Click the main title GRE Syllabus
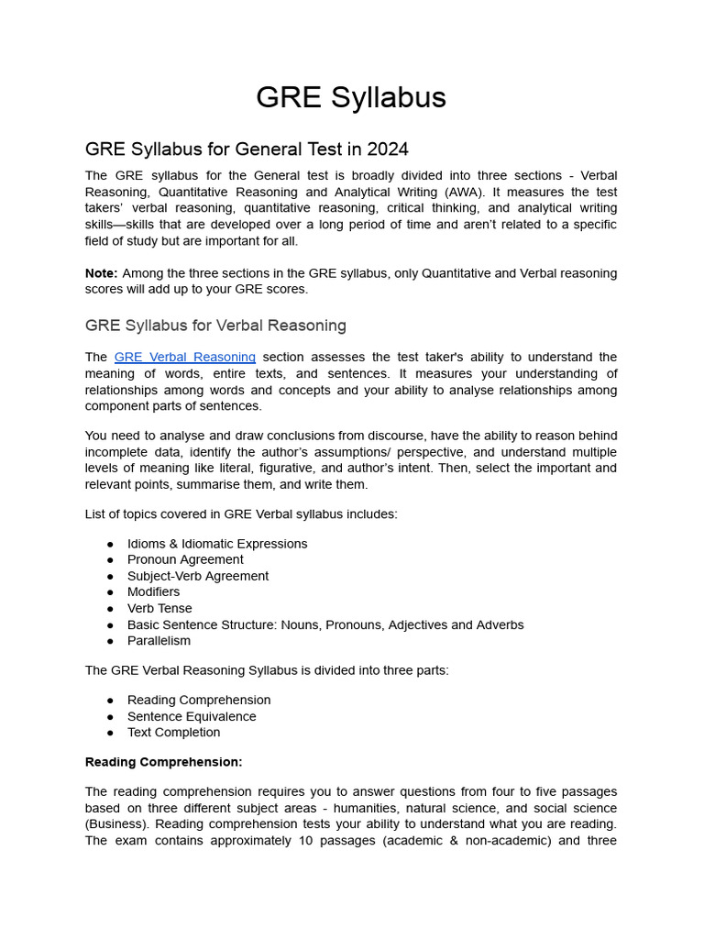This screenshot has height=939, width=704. tap(351, 97)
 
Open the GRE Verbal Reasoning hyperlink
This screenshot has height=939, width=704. tap(184, 357)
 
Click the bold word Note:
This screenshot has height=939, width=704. tap(101, 273)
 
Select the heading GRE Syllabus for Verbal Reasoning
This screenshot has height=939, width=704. tap(215, 325)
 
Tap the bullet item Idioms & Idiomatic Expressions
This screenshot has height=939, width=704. tap(217, 544)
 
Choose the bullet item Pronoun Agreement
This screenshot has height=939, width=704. tap(185, 559)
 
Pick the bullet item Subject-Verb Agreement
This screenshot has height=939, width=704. tap(198, 576)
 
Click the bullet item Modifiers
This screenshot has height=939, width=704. tap(153, 592)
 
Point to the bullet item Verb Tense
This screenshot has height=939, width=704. tap(159, 608)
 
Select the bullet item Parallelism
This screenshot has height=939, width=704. tap(159, 641)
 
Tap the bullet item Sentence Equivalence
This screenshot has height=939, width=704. tap(192, 716)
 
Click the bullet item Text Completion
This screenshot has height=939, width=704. tap(173, 733)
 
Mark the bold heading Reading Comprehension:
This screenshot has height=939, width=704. tap(163, 762)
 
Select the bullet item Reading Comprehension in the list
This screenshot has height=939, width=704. tap(199, 700)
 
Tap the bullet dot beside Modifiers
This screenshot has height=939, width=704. tap(110, 592)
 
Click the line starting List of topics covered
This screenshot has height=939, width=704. tap(241, 514)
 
